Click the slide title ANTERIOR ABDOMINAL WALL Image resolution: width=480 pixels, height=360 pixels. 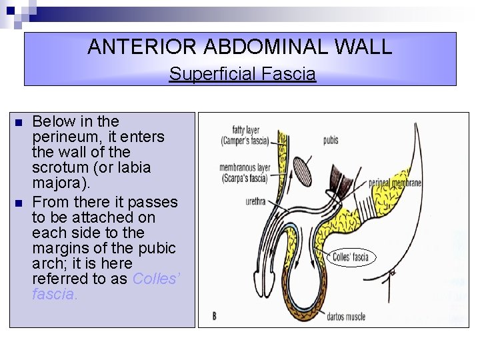click(x=240, y=47)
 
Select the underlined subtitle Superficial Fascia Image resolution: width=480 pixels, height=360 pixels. click(x=242, y=73)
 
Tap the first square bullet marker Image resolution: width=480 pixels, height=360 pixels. click(x=18, y=123)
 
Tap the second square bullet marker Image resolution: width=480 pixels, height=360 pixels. click(x=18, y=202)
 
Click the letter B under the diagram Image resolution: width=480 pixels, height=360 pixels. click(x=215, y=315)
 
